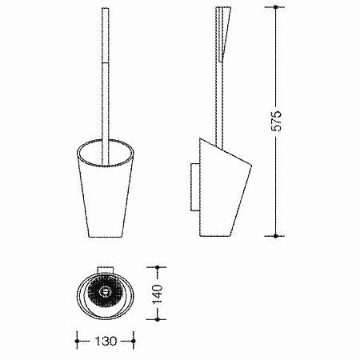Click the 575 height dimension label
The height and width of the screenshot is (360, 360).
tap(276, 121)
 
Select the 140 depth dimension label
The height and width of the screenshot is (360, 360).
tap(157, 294)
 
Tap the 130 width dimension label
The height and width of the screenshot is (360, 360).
tap(106, 341)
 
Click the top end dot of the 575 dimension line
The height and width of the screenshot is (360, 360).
tap(275, 7)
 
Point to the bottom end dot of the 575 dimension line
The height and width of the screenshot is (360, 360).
tap(275, 236)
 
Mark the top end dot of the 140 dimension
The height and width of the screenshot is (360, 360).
tap(157, 267)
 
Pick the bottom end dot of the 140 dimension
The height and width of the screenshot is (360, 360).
tap(157, 319)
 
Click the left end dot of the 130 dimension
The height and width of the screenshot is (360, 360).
tap(78, 341)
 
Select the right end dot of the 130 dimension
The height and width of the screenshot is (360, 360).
tap(134, 341)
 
